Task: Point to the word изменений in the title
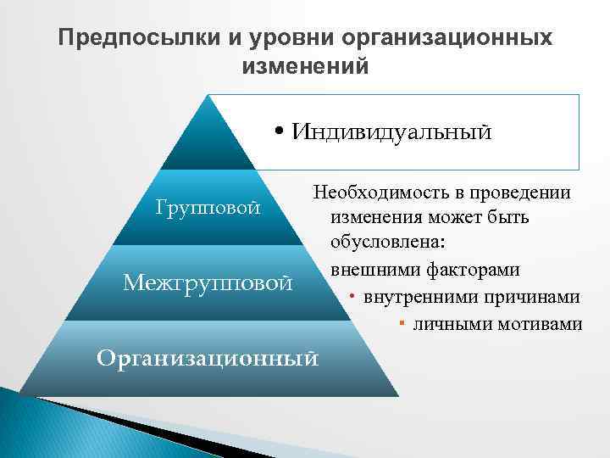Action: pyautogui.click(x=305, y=65)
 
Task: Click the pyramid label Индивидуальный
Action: pyautogui.click(x=391, y=132)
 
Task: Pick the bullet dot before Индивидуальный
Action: pyautogui.click(x=280, y=133)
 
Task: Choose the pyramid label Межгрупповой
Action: pyautogui.click(x=208, y=281)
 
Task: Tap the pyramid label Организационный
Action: pyautogui.click(x=208, y=357)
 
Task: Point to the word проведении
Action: pyautogui.click(x=523, y=193)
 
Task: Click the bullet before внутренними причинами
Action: pyautogui.click(x=350, y=298)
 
